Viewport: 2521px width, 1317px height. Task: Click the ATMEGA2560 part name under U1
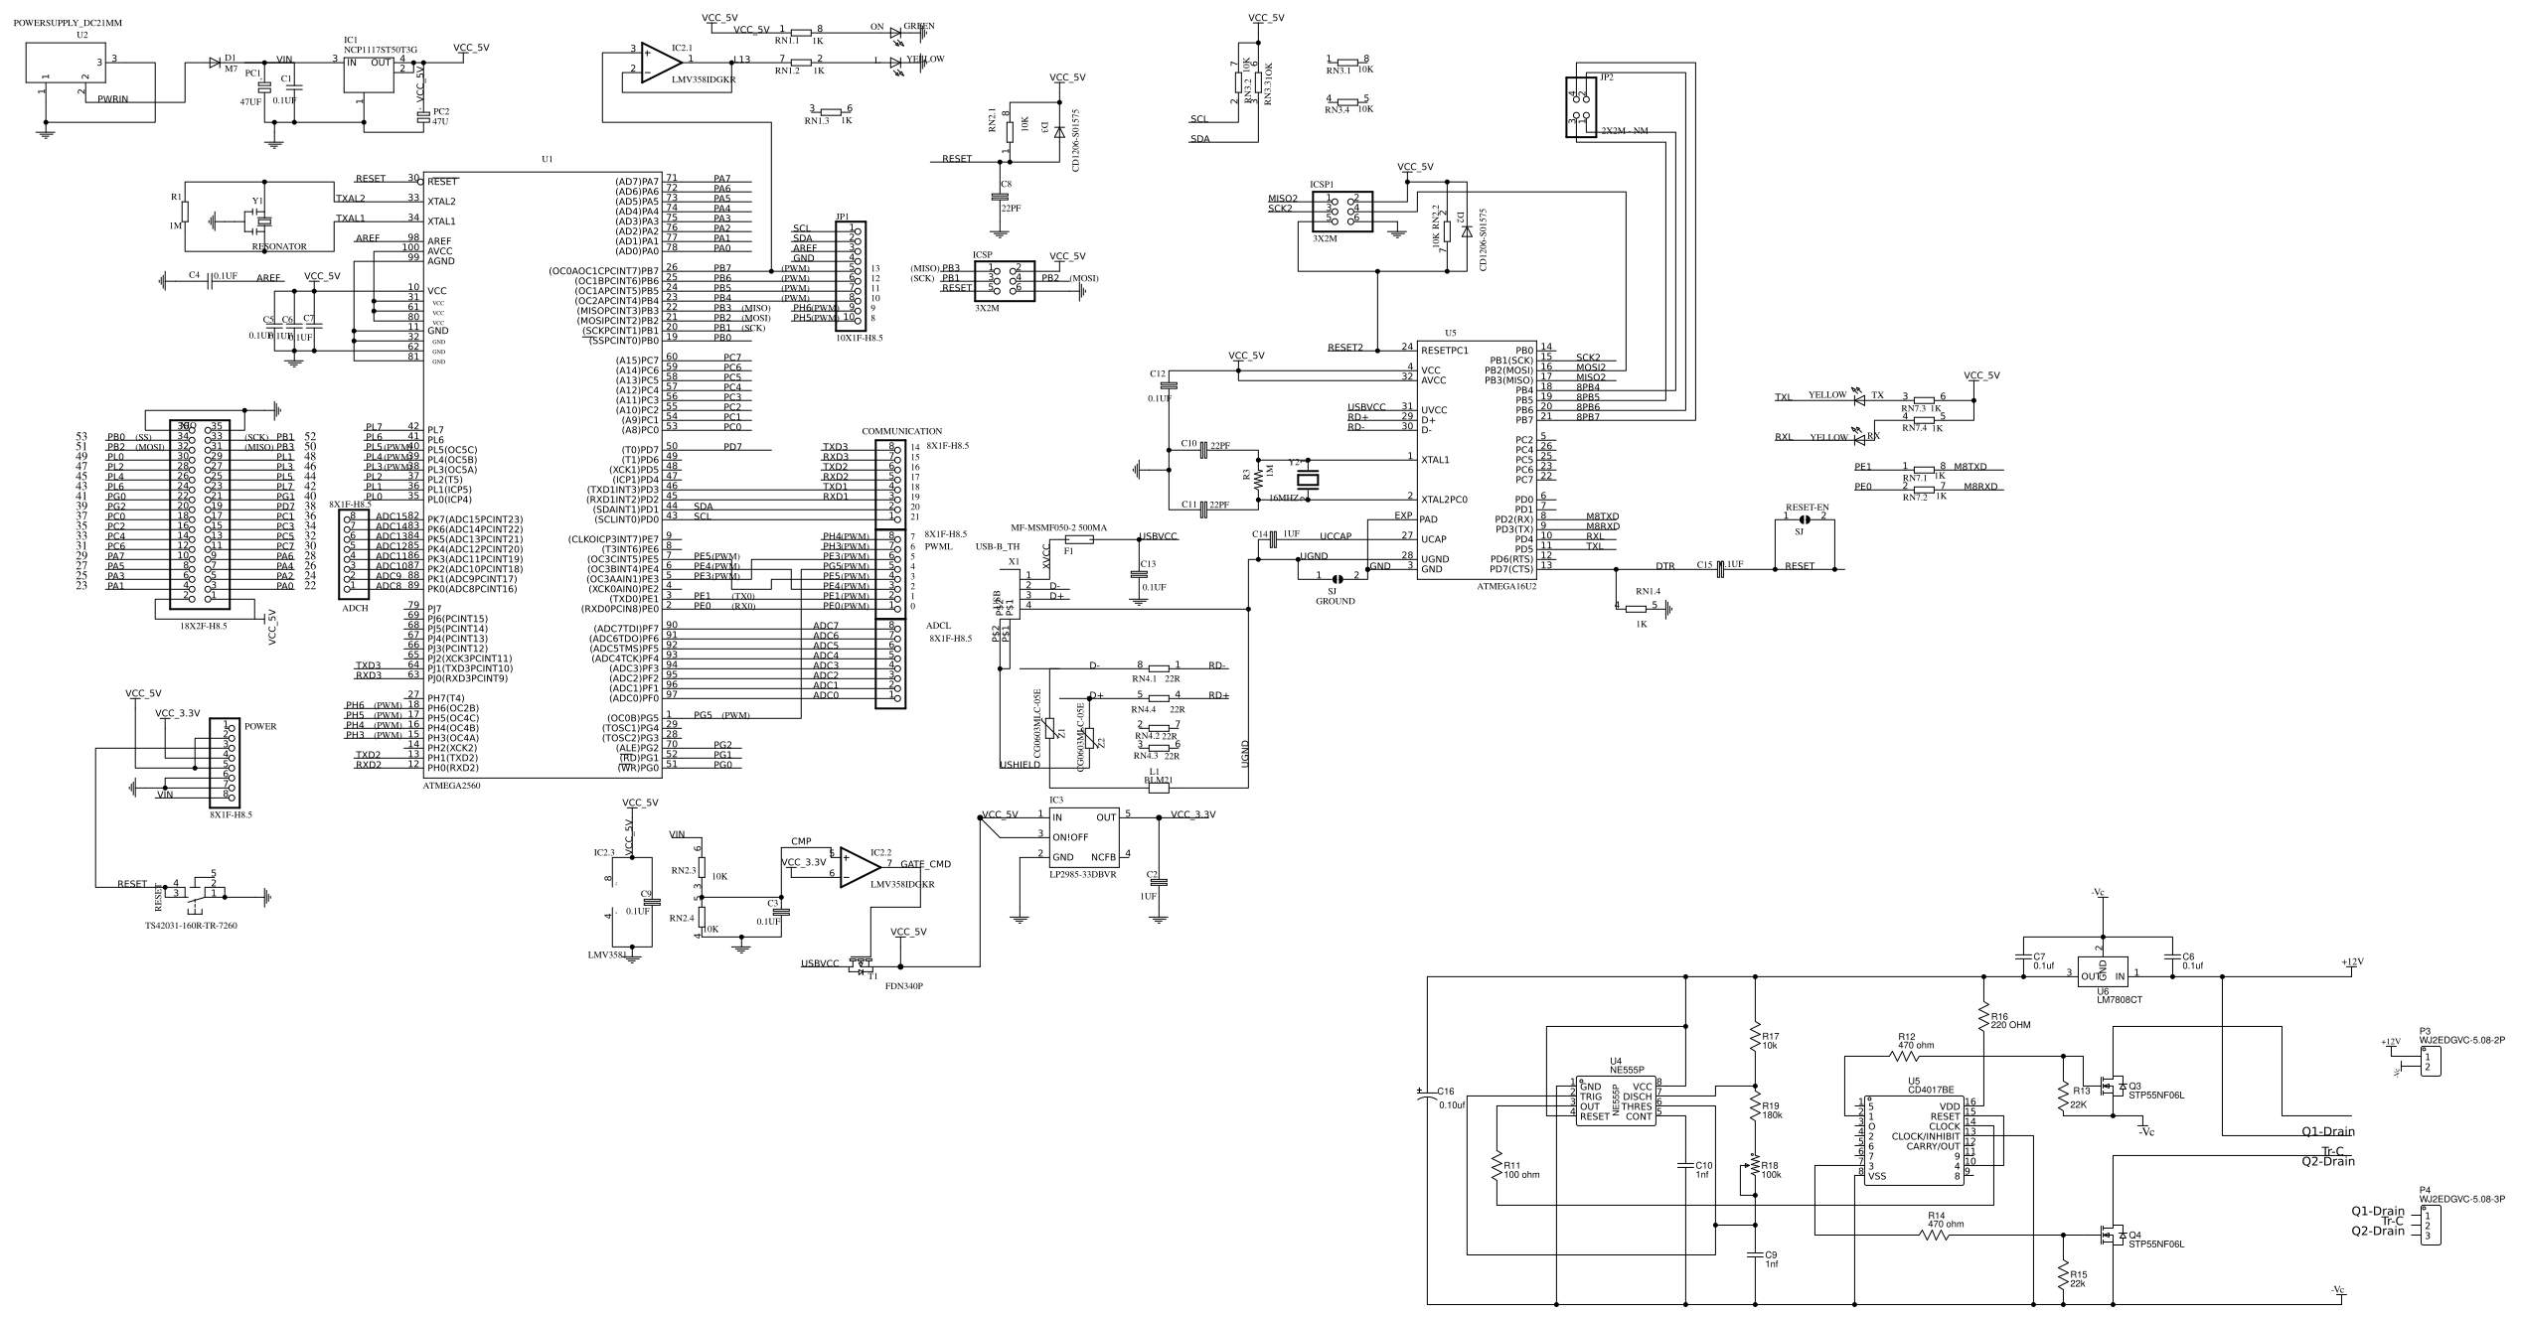tap(451, 785)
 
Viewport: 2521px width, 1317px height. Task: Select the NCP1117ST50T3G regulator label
tap(381, 49)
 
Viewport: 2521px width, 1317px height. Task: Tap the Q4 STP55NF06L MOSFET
tap(2112, 1237)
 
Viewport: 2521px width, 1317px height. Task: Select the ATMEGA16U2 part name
tap(1506, 587)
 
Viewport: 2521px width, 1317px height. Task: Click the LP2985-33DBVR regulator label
tap(1082, 875)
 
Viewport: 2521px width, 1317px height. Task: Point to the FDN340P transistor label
tap(903, 986)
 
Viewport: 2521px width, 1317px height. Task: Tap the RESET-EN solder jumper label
tap(1806, 507)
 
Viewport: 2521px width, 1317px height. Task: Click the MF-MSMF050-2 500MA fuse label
tap(1058, 527)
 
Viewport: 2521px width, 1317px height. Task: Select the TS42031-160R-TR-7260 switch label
tap(191, 925)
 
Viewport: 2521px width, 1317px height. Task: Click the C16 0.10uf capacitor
tap(1428, 1097)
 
